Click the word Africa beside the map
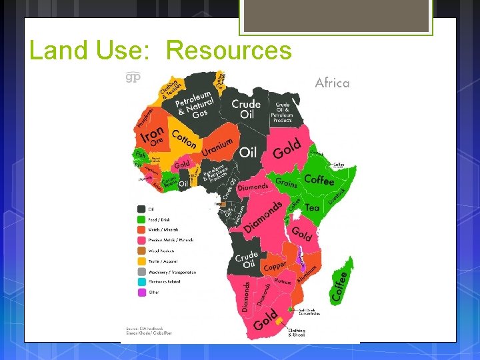pos(332,83)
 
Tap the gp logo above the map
pos(134,77)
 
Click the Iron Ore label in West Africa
pos(151,136)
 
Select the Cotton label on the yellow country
pos(184,138)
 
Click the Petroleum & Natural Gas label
pos(195,105)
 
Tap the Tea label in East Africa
pos(312,207)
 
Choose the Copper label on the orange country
pos(275,266)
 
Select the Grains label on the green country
pos(286,183)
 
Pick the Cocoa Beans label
pos(170,180)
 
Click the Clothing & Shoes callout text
pos(296,332)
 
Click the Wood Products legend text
pos(163,251)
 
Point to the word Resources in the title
pos(229,51)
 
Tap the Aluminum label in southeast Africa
pos(307,269)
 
